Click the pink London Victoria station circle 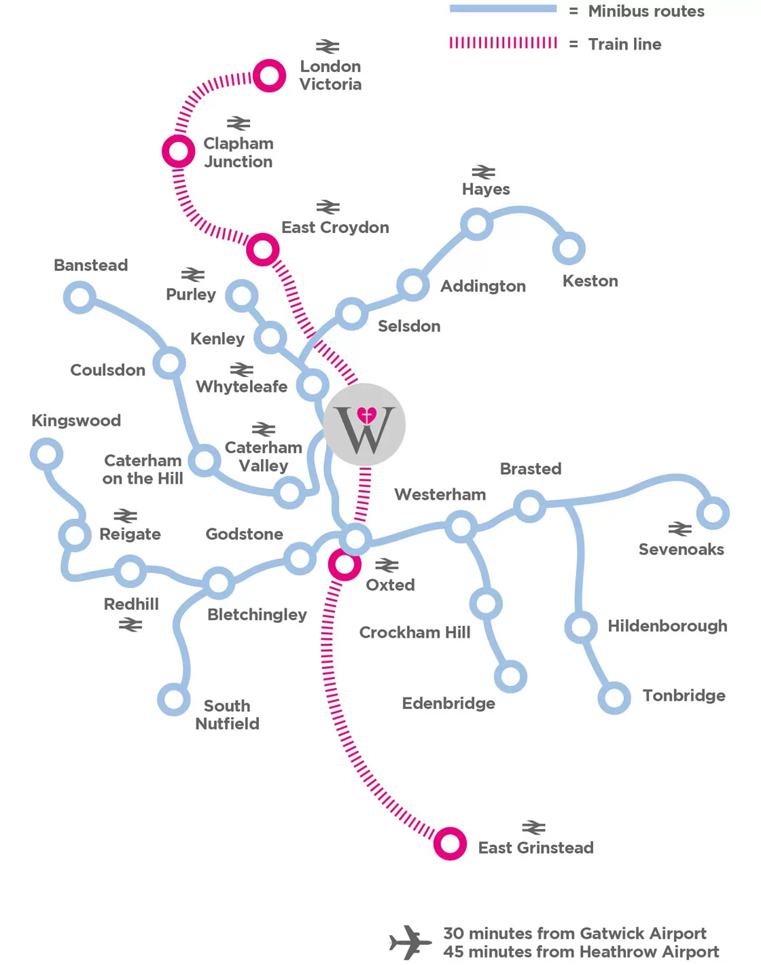[269, 75]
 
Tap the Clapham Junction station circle [178, 151]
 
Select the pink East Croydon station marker [262, 250]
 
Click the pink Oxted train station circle [344, 564]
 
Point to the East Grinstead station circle [450, 844]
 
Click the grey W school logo [364, 425]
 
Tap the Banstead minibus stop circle [79, 297]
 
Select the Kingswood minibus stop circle [46, 454]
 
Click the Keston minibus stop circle [569, 249]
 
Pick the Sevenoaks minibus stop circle [713, 513]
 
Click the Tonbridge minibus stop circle [614, 697]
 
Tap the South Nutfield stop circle [173, 699]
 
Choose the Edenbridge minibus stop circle [510, 676]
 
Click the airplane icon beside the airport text [410, 942]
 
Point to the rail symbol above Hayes [484, 171]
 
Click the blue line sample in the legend [503, 9]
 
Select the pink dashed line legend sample [503, 43]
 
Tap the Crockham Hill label [414, 632]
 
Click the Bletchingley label [257, 615]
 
